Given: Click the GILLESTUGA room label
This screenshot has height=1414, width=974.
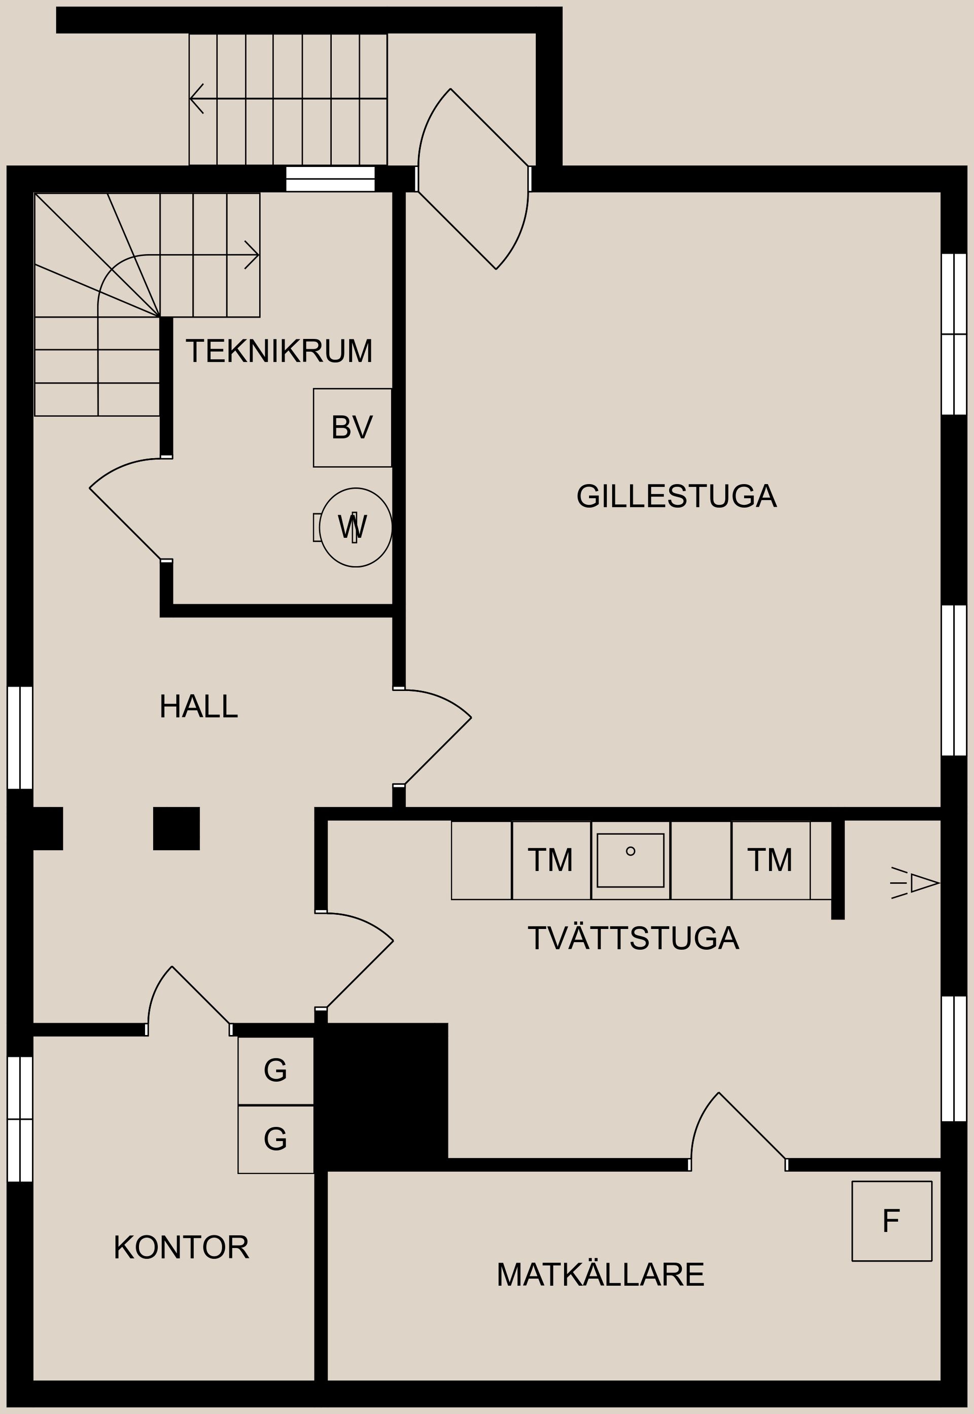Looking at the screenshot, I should click(676, 496).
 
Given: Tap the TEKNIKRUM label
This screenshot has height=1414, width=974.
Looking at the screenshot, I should click(279, 351).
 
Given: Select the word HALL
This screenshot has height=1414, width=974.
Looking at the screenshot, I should click(198, 707).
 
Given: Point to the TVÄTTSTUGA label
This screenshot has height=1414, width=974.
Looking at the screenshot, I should click(633, 938).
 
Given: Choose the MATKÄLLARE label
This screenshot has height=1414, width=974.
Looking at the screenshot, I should click(600, 1274).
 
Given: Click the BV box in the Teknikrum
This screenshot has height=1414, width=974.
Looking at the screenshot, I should click(352, 428).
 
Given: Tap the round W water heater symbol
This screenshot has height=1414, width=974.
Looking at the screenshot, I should click(355, 527).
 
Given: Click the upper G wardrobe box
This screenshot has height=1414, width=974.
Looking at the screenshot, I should click(275, 1071).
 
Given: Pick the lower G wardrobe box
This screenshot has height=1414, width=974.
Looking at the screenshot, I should click(275, 1139).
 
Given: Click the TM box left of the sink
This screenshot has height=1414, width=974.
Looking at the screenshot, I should click(550, 860).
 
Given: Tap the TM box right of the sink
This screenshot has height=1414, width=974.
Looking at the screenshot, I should click(770, 860).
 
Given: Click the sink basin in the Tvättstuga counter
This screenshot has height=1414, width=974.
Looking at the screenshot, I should click(630, 860).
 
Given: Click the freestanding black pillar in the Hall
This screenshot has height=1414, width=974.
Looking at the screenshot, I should click(177, 828).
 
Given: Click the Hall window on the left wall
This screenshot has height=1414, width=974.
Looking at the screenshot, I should click(19, 738).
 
